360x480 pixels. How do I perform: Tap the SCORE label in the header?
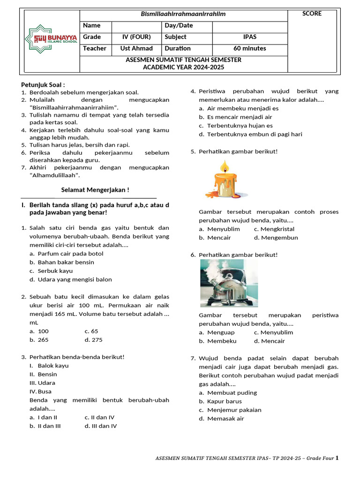(312, 14)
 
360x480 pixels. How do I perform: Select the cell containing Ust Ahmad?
(136, 48)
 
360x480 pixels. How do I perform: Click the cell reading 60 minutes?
(249, 48)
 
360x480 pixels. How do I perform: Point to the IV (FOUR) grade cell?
(136, 37)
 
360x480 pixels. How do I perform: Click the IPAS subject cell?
(249, 37)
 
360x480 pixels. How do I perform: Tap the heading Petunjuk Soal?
(43, 84)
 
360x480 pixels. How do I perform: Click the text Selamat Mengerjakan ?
(95, 190)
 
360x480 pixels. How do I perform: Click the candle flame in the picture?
(225, 166)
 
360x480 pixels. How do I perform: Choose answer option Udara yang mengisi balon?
(75, 279)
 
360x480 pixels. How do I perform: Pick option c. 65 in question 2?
(91, 331)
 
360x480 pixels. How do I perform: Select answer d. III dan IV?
(101, 426)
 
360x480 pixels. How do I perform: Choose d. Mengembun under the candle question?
(276, 238)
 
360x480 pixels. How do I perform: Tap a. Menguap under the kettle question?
(217, 332)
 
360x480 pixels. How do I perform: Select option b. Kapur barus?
(224, 401)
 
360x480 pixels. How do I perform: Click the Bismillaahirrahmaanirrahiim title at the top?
(183, 14)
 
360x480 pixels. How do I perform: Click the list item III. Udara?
(42, 383)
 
